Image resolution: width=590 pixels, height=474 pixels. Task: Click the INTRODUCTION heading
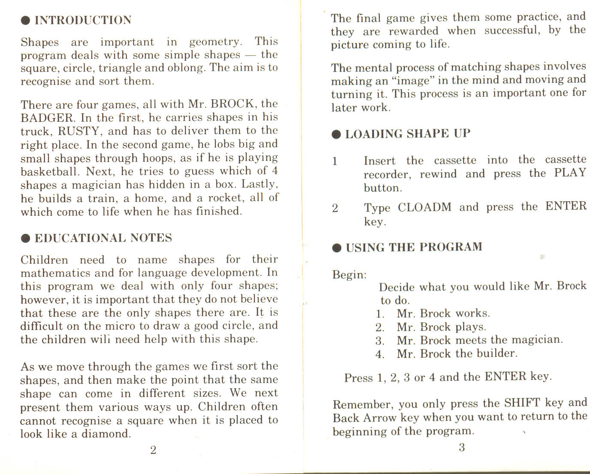83,20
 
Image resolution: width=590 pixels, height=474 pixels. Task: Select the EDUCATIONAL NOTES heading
103,238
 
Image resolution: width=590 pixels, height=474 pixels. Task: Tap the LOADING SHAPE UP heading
408,134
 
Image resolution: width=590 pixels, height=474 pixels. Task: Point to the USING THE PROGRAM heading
414,248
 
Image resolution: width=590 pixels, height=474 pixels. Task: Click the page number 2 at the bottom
153,450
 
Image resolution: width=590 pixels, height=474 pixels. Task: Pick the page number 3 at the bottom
462,447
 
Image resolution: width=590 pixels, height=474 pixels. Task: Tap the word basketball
50,172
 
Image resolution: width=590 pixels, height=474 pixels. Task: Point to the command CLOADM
424,207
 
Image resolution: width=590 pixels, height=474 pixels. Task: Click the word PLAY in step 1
570,173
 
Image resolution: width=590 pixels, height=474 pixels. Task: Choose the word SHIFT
522,403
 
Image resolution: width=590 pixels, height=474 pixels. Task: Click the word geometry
215,42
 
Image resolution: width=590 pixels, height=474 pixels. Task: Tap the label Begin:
349,275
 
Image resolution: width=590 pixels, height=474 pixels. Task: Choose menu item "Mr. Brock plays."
441,327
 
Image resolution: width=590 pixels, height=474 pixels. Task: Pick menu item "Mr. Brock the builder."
457,353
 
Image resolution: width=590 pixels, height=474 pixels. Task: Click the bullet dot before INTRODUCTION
26,20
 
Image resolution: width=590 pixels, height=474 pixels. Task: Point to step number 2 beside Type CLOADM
335,208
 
